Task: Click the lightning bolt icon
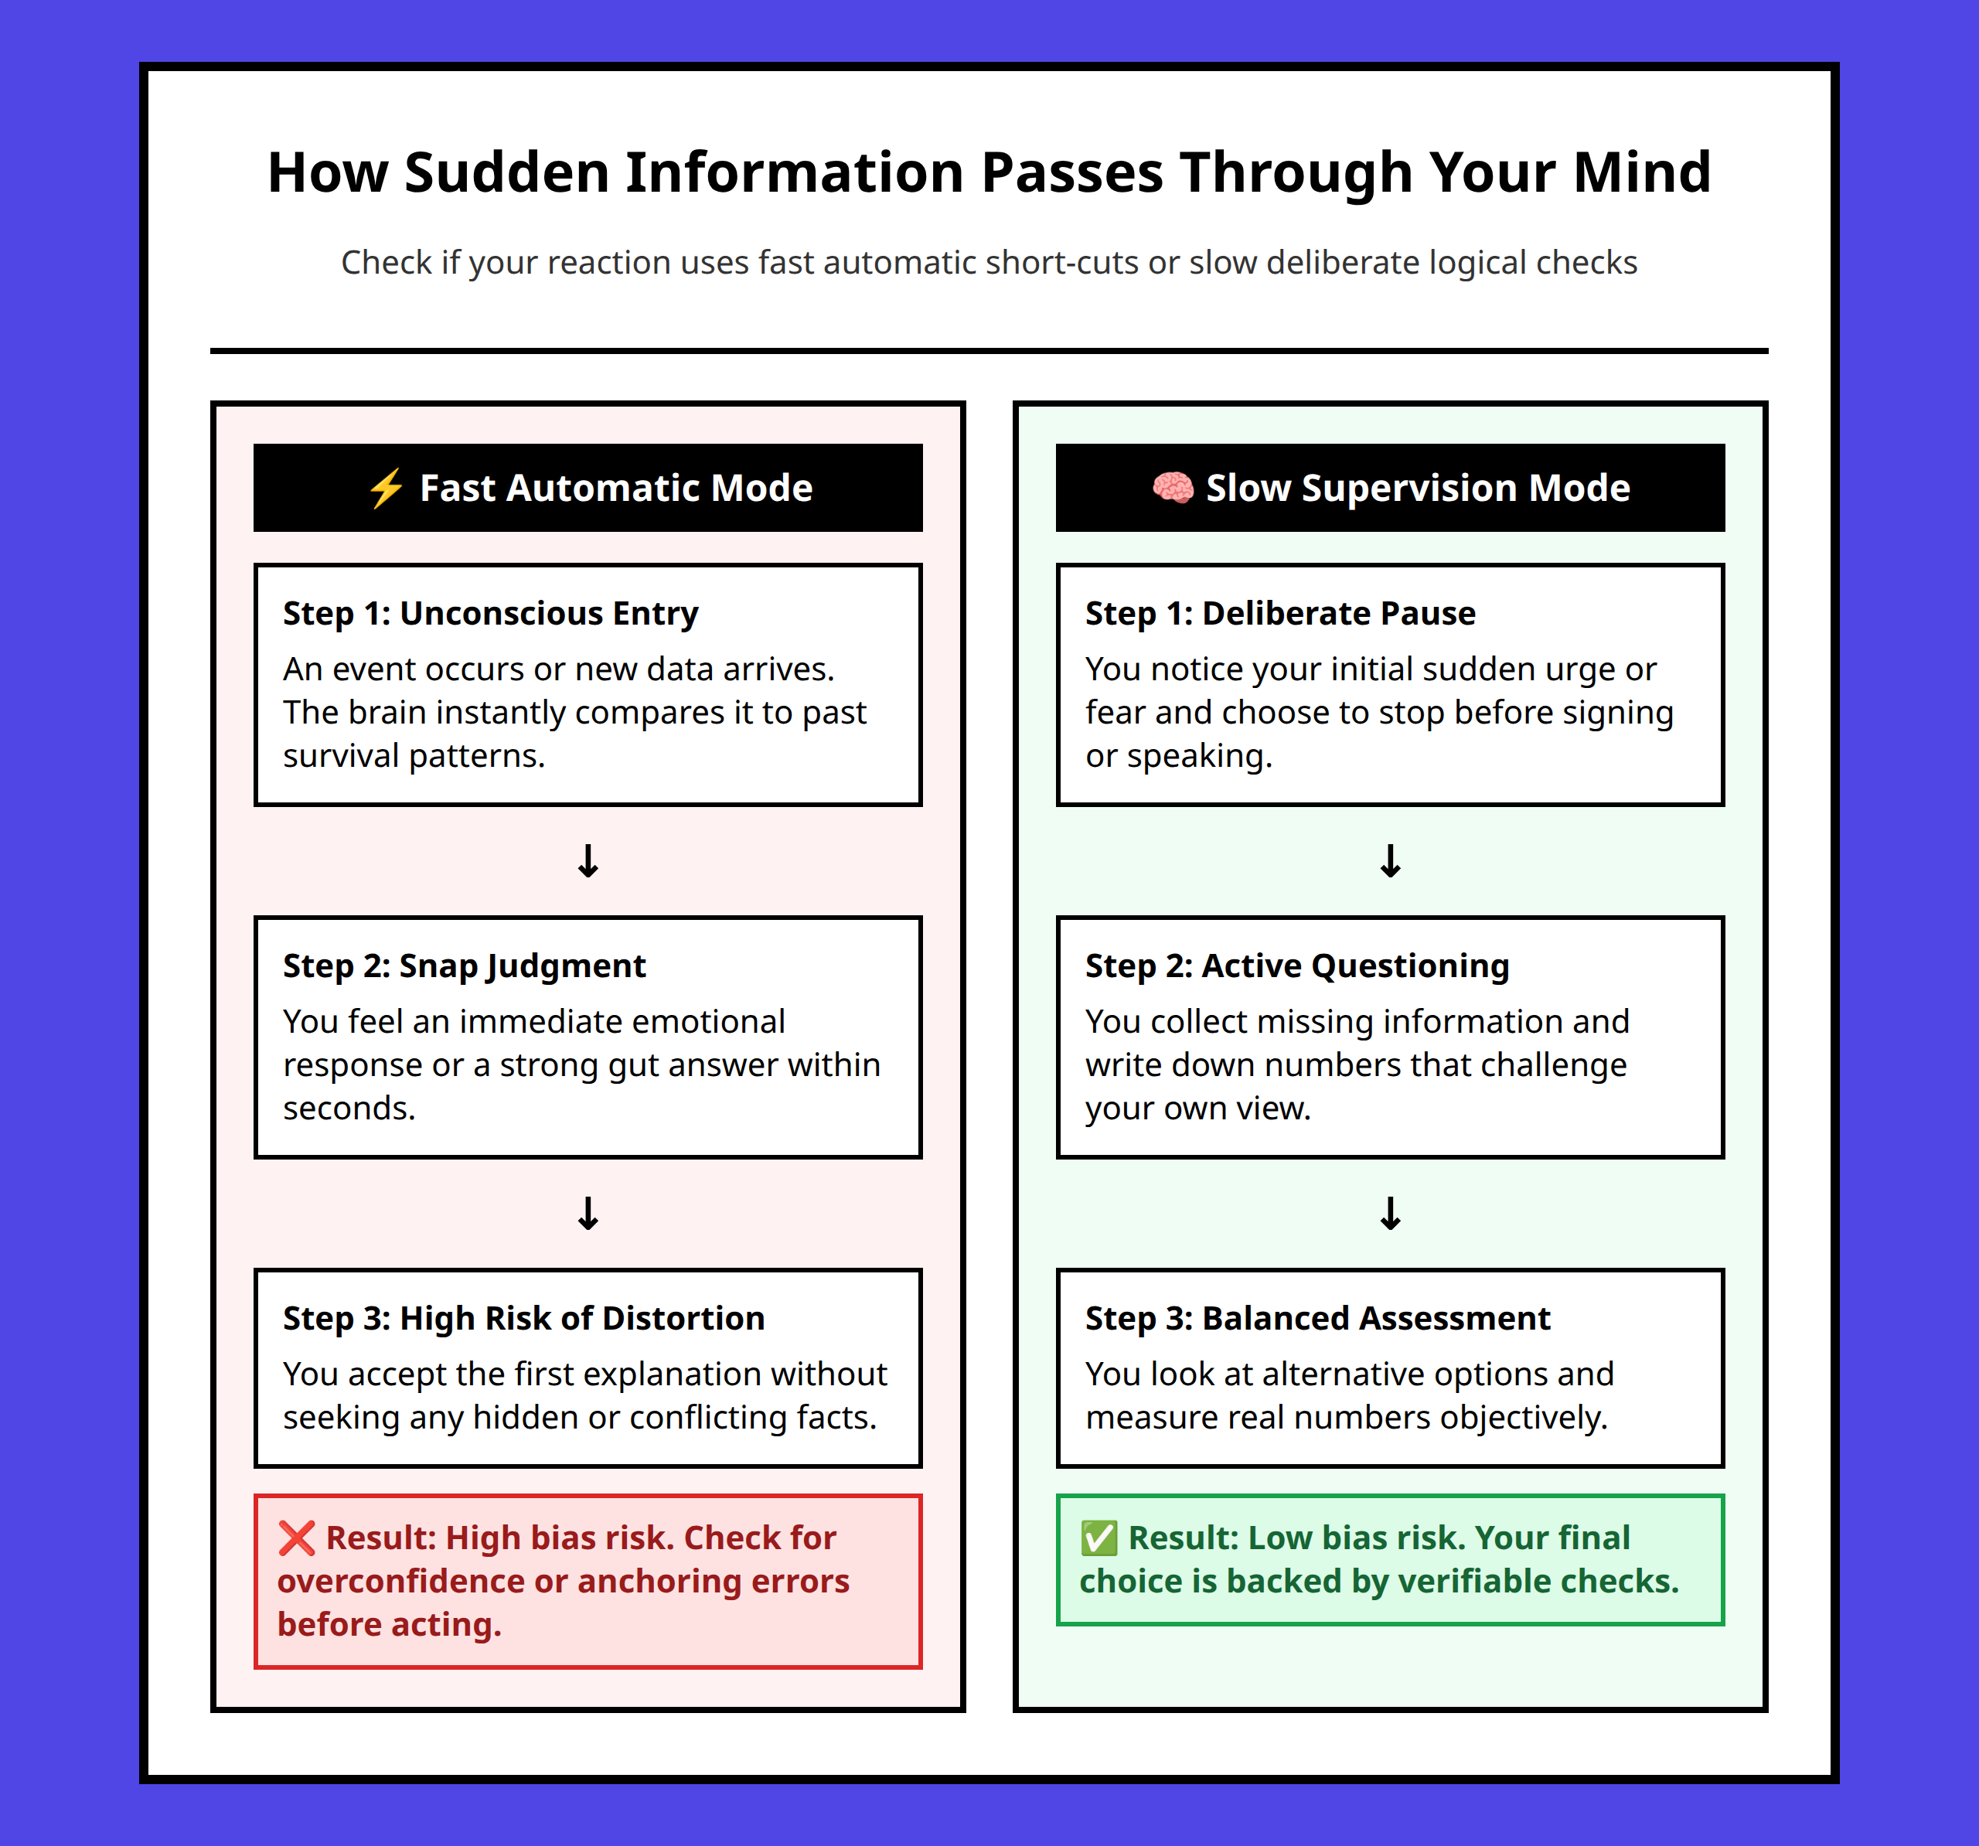[385, 488]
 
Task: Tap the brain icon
[1173, 488]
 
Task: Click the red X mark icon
[297, 1538]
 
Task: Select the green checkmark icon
[1099, 1538]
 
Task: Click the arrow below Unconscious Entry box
[588, 860]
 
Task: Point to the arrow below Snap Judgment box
[588, 1213]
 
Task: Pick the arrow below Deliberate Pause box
[1391, 860]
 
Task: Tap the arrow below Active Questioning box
[1391, 1213]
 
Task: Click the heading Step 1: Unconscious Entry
[491, 613]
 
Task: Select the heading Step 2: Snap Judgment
[464, 966]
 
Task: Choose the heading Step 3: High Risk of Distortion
[523, 1318]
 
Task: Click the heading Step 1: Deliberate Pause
[1280, 613]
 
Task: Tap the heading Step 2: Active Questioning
[1297, 966]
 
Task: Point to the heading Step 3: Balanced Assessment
[1318, 1318]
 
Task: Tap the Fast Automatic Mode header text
[616, 488]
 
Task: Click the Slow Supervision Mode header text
[1418, 488]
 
